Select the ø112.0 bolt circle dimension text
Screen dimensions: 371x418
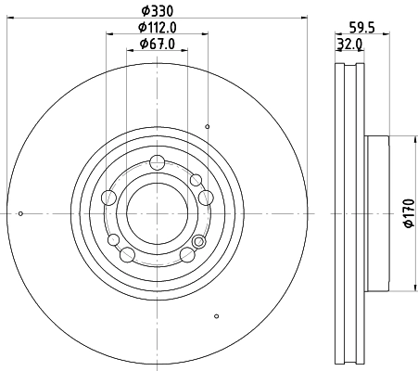[x=156, y=28]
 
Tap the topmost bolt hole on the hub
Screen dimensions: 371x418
[x=156, y=161]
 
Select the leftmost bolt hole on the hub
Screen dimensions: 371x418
[x=108, y=197]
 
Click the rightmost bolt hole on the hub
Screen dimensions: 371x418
[x=205, y=197]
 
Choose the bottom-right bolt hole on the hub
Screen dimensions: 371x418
[x=185, y=254]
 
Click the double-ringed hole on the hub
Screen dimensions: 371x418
[x=197, y=242]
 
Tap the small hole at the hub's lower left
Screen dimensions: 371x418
[x=114, y=240]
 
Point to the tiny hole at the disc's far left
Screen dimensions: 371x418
[x=20, y=213]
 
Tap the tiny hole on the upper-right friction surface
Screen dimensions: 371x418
[x=209, y=126]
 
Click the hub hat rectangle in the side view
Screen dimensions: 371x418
[x=377, y=212]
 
